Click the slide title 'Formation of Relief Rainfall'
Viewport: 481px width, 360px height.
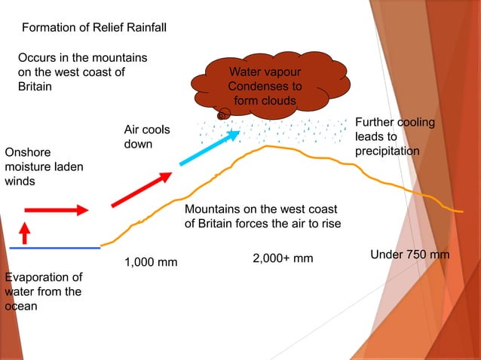tap(94, 28)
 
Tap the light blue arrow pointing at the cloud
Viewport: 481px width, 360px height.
tap(210, 148)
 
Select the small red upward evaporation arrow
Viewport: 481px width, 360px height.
tap(24, 233)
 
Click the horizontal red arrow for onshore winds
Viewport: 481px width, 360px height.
tap(57, 210)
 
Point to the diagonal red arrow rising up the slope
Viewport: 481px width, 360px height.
tap(140, 189)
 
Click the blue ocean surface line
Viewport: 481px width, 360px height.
tap(54, 248)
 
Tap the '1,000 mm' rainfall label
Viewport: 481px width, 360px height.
tap(151, 263)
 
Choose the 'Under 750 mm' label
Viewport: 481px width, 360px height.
tap(410, 255)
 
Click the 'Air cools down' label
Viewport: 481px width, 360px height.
tap(146, 137)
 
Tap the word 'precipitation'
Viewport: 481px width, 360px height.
tap(387, 151)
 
